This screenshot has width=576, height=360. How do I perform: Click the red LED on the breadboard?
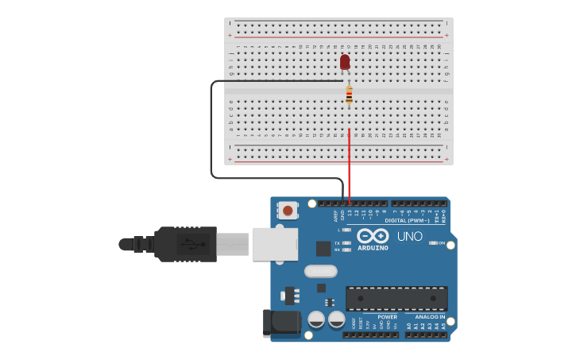point(345,62)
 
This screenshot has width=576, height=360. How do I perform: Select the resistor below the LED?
point(349,95)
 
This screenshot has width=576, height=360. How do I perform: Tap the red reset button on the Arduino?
point(287,211)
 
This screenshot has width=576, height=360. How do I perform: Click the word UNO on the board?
point(409,236)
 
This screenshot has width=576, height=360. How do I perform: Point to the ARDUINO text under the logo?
point(373,248)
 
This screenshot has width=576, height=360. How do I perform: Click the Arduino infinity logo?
point(372,236)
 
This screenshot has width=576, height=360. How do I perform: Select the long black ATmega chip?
point(396,298)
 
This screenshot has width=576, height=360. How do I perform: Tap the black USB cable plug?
point(186,244)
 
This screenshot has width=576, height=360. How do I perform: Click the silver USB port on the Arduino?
point(275,244)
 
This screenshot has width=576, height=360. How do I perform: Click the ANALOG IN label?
point(430,316)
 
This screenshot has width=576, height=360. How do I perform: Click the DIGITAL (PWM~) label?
point(407,220)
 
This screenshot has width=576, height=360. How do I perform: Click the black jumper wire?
point(211,127)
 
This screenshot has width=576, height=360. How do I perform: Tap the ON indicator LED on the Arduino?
point(433,243)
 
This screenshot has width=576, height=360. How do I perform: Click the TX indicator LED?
point(347,243)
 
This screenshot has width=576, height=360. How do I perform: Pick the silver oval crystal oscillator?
point(320,270)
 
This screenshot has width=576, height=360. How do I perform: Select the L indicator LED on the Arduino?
point(347,230)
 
